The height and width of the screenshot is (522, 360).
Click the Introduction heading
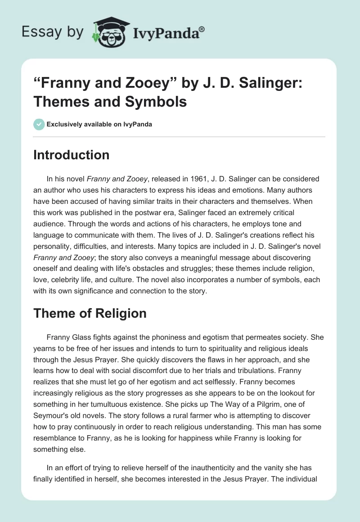[71, 155]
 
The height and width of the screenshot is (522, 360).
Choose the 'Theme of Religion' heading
[90, 313]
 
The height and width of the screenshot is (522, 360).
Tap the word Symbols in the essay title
[160, 102]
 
